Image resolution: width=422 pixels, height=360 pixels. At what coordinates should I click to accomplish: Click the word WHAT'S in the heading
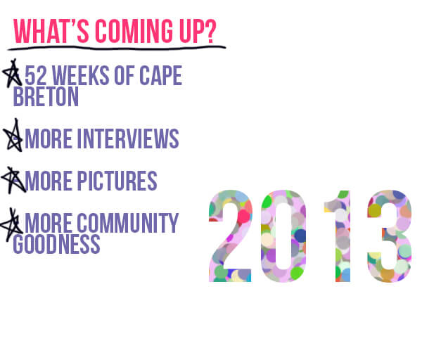coord(51,31)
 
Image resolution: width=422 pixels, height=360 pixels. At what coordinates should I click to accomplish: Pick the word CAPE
coord(161,75)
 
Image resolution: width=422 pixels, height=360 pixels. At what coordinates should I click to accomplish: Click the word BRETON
coord(46,96)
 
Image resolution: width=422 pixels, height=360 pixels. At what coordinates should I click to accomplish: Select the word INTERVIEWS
coord(128,139)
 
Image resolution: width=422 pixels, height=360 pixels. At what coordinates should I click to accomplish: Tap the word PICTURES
coord(117,181)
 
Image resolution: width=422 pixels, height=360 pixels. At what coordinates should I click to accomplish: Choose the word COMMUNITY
coord(128,223)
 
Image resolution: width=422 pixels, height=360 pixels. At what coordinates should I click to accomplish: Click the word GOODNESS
coord(56,244)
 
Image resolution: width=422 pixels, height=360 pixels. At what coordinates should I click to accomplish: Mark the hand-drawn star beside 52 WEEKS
coord(12,73)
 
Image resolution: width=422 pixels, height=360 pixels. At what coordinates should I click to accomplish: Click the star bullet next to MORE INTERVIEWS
coord(13,135)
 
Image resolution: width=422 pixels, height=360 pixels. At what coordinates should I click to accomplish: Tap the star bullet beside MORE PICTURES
coord(13,180)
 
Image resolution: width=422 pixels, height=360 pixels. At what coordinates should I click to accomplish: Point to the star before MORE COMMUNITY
coord(11,225)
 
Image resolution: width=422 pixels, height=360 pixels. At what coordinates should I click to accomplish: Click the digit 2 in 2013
coord(231,236)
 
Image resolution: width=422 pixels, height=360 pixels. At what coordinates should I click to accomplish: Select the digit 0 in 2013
coord(283,236)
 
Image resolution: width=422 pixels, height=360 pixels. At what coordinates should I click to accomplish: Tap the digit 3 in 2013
coord(390,236)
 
